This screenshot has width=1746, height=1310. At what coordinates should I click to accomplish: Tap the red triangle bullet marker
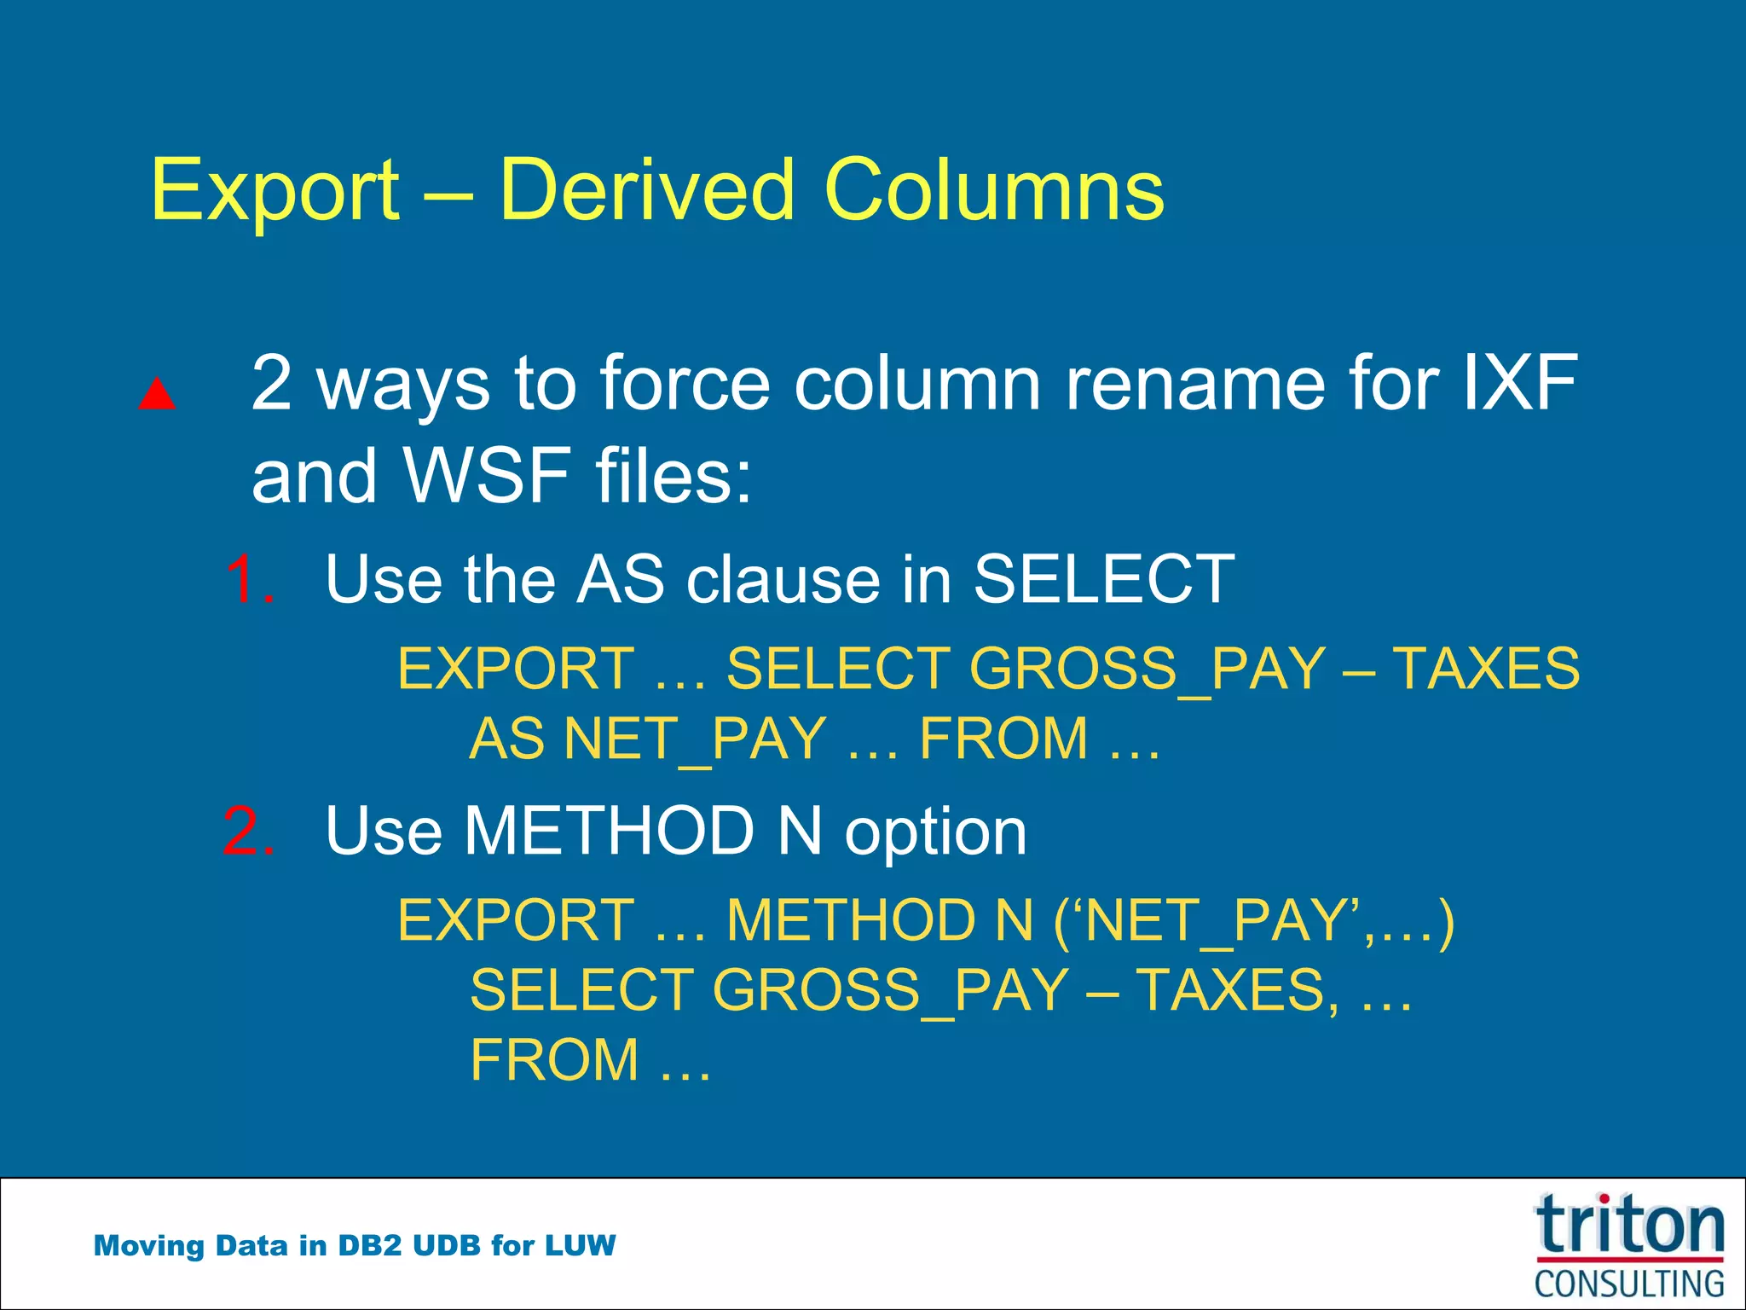tap(157, 394)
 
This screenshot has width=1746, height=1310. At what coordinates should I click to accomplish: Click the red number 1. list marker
tap(251, 580)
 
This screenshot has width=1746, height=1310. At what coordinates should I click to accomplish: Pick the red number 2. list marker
tap(249, 831)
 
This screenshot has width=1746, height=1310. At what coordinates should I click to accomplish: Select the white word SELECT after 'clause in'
tap(1103, 580)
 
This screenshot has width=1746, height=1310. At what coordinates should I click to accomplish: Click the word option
tap(935, 832)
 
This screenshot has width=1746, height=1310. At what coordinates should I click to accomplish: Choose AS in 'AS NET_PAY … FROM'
tap(506, 739)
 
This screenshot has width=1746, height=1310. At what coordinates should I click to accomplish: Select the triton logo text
tap(1629, 1226)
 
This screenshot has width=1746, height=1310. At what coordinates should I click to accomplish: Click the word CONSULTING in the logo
tap(1629, 1284)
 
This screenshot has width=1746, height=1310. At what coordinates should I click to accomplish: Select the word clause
tap(782, 580)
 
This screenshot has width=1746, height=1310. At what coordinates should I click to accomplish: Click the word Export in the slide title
tap(275, 191)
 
